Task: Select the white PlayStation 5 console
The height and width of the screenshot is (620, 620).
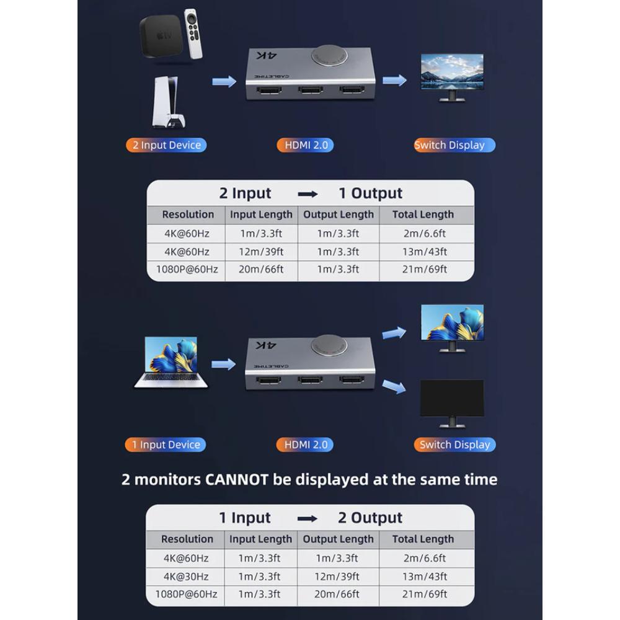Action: pyautogui.click(x=166, y=102)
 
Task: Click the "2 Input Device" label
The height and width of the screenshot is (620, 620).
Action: pyautogui.click(x=166, y=145)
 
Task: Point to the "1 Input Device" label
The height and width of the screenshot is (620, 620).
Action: pyautogui.click(x=166, y=445)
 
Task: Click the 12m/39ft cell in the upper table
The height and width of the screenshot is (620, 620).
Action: pyautogui.click(x=261, y=252)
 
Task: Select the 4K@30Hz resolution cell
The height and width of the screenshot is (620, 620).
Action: pyautogui.click(x=187, y=577)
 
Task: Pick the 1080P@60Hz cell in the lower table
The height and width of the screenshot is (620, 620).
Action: pyautogui.click(x=187, y=594)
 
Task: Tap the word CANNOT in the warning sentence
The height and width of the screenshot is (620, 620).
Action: pyautogui.click(x=252, y=479)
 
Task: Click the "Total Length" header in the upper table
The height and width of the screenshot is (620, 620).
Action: pyautogui.click(x=423, y=215)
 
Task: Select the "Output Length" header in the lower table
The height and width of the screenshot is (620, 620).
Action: pyautogui.click(x=338, y=539)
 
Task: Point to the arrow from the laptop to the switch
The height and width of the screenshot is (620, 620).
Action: pyautogui.click(x=223, y=364)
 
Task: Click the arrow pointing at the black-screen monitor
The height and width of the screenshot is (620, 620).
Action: pyautogui.click(x=394, y=387)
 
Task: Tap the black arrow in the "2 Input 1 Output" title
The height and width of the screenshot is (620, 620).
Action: pyautogui.click(x=308, y=194)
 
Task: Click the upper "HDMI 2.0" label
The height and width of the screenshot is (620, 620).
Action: pyautogui.click(x=305, y=145)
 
